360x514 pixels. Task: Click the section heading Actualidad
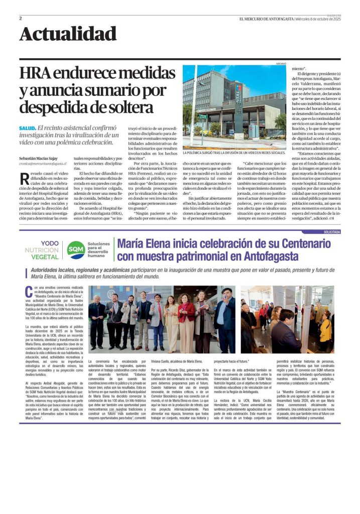tap(68, 34)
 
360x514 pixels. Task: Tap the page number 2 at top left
tap(21, 19)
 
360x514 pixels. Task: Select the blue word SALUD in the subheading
tap(27, 128)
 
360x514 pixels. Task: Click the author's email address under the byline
tap(43, 164)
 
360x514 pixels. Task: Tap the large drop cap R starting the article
tap(24, 178)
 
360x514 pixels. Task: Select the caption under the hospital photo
tap(234, 152)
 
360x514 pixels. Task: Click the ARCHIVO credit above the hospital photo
tap(281, 64)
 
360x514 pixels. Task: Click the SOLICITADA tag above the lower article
tap(331, 232)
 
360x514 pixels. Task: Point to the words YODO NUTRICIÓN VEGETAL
tap(42, 249)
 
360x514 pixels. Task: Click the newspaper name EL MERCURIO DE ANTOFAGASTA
tap(266, 19)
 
